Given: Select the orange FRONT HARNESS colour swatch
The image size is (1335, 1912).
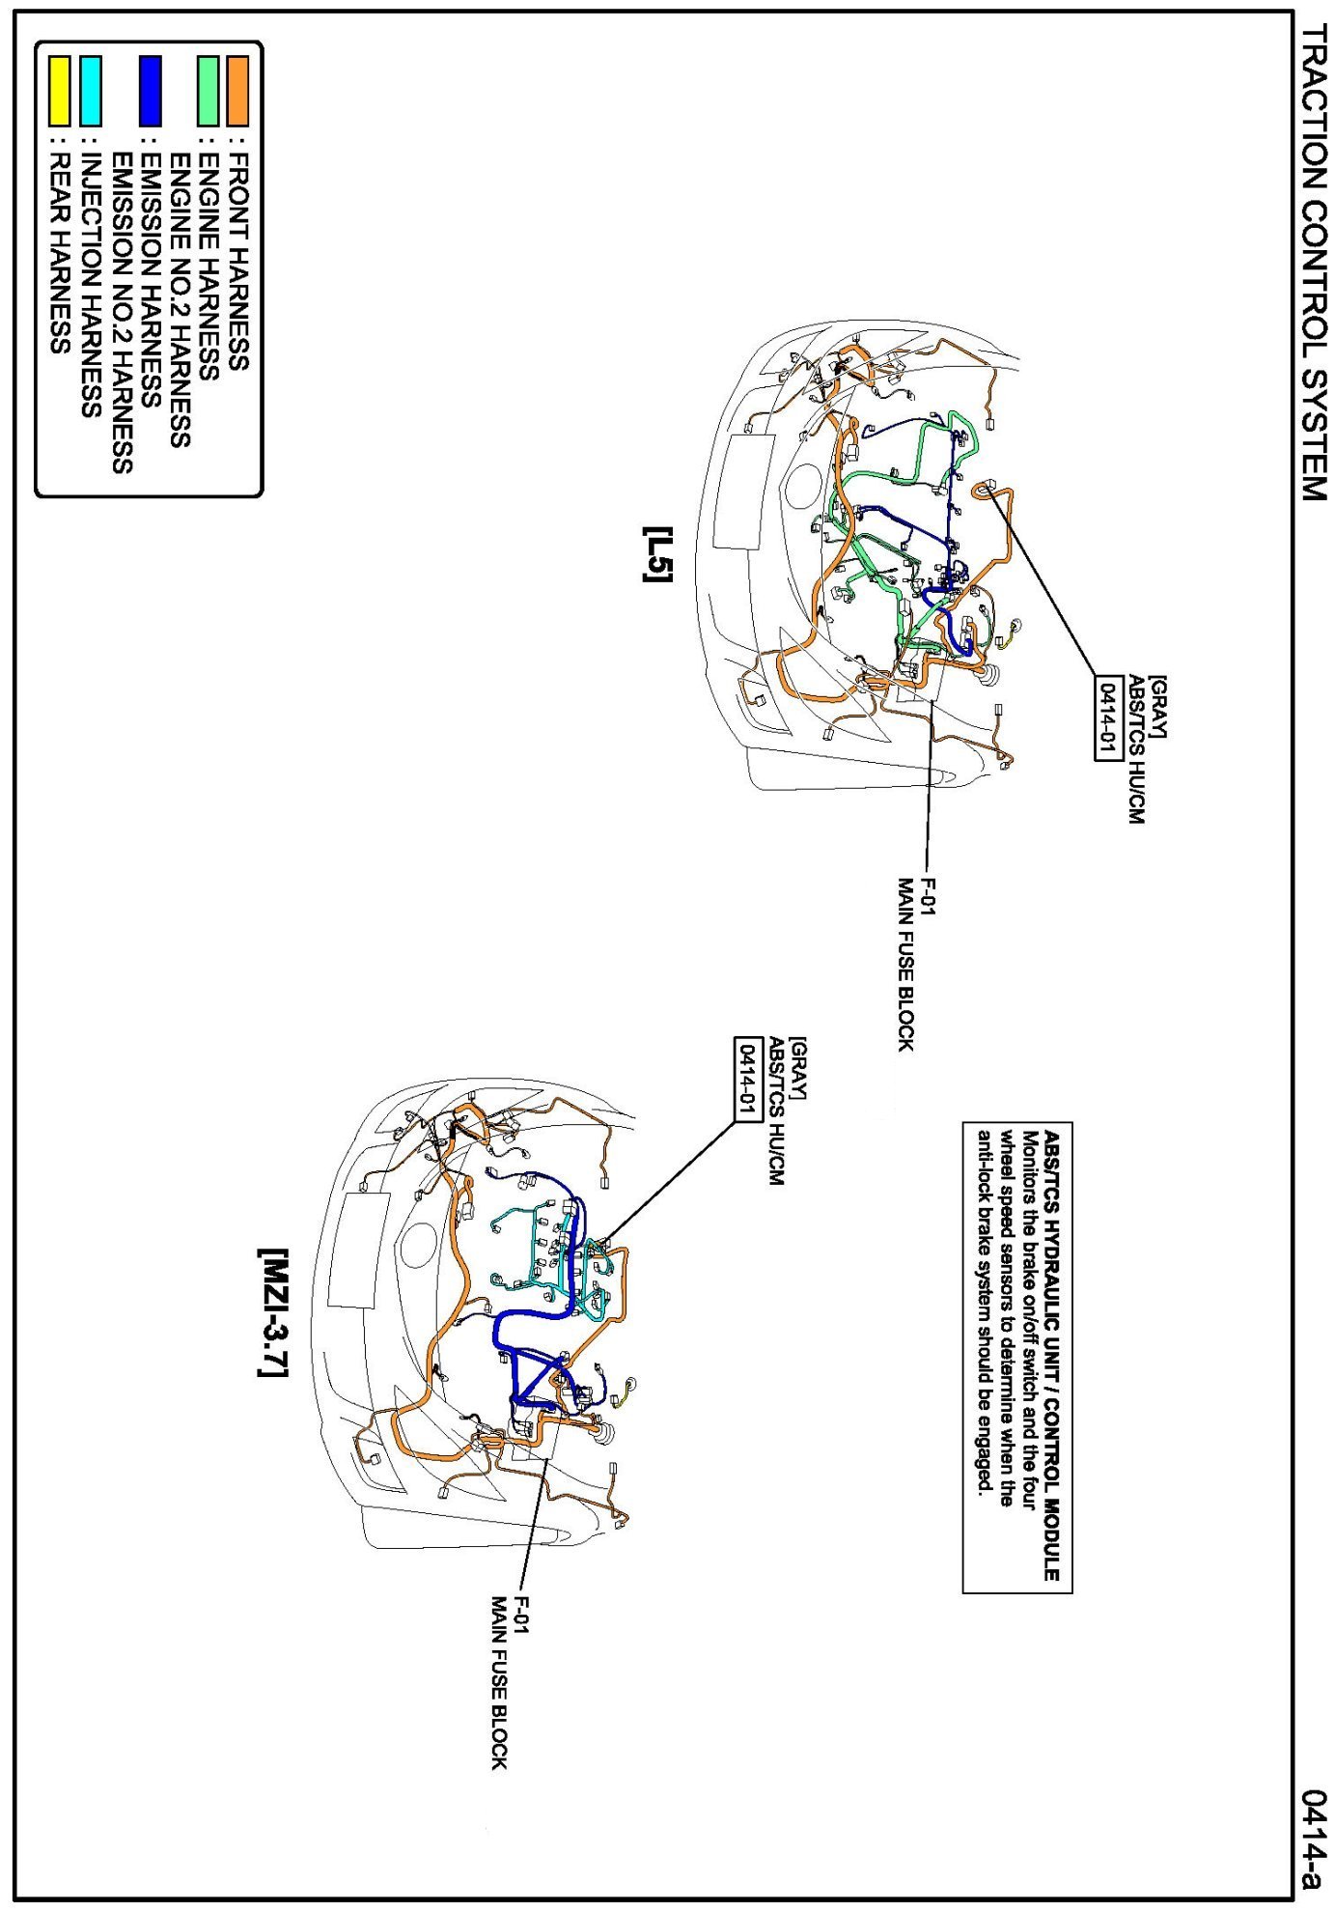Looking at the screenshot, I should click(237, 91).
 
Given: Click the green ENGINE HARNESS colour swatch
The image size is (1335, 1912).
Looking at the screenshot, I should click(209, 91).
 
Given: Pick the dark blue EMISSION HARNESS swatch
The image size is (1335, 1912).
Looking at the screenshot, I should click(151, 91).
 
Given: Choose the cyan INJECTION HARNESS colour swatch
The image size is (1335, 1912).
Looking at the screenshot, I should click(91, 91).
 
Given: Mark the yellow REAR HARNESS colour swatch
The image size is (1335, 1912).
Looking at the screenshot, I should click(60, 91).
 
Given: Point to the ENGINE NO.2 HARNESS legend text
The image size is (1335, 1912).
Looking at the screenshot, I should click(180, 299).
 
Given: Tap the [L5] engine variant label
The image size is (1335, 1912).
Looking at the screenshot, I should click(658, 554).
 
